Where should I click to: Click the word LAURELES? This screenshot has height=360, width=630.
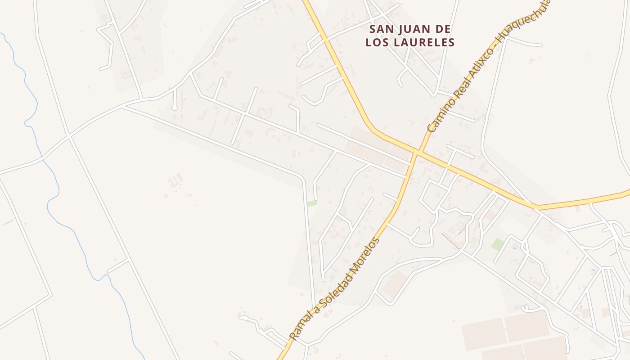[426, 43]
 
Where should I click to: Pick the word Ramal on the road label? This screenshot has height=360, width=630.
[300, 327]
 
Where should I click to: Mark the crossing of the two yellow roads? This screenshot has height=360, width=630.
[417, 153]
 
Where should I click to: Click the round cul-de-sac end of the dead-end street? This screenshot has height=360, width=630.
[174, 108]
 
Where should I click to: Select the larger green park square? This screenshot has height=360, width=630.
[498, 244]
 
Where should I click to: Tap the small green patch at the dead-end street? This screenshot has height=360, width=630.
[312, 203]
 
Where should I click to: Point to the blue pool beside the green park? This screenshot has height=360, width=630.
[514, 247]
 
